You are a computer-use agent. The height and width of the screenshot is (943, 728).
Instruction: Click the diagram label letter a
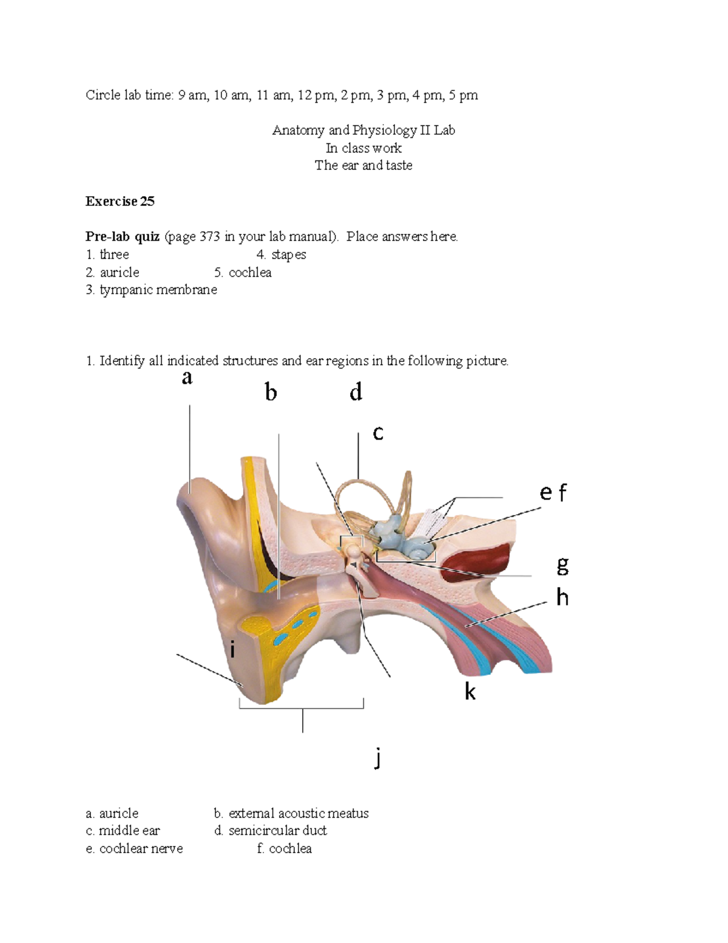click(187, 378)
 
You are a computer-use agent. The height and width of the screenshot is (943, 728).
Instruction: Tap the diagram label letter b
click(271, 392)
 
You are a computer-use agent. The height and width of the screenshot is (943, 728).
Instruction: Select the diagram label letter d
click(356, 392)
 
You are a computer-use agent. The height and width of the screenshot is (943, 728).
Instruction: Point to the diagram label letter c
click(378, 433)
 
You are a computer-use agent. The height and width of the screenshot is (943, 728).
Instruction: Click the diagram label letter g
click(562, 566)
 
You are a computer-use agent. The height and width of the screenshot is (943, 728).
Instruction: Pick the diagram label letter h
click(562, 597)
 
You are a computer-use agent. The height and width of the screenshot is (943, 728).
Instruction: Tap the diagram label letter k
click(470, 691)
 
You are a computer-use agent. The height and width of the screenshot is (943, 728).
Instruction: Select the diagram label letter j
click(378, 758)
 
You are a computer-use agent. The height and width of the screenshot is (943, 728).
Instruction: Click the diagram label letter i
click(232, 650)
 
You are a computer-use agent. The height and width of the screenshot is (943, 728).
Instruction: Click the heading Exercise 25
click(120, 202)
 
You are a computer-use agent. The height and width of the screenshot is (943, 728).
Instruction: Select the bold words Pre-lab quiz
click(123, 237)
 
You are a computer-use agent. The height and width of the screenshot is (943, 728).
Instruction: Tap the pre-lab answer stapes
click(288, 255)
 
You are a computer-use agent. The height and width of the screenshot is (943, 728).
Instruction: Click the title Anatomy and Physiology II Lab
click(363, 131)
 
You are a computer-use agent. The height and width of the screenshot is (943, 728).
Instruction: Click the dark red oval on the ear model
click(476, 561)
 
